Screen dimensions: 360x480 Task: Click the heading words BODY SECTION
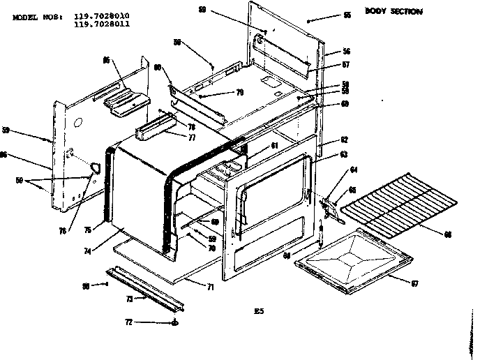click(x=393, y=12)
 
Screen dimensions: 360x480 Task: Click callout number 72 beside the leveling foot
click(x=128, y=322)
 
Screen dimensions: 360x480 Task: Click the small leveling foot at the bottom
click(x=174, y=323)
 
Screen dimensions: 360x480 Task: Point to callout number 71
click(x=211, y=287)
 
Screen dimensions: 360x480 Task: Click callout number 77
click(x=170, y=138)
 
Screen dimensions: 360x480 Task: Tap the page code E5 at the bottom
click(x=260, y=310)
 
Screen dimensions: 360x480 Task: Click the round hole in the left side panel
click(x=77, y=123)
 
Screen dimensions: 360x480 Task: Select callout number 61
click(x=274, y=146)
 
